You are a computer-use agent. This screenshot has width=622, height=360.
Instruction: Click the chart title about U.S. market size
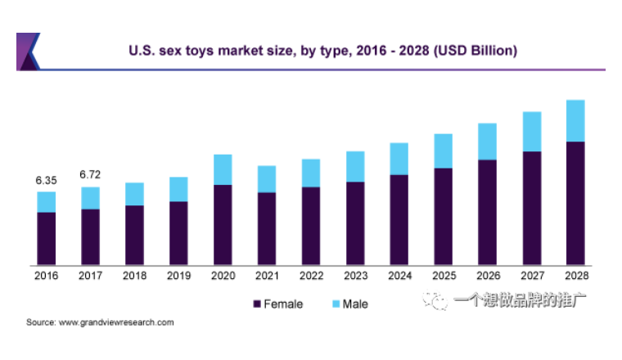(322, 51)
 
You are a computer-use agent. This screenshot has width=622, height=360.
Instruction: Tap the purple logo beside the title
(28, 52)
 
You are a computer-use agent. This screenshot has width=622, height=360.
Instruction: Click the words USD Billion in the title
(476, 51)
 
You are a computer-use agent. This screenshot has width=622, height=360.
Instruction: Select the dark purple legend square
(257, 304)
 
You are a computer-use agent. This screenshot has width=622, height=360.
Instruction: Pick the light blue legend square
(336, 304)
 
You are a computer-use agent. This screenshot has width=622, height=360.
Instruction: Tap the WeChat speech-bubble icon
(435, 299)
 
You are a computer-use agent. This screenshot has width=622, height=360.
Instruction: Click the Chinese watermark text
(519, 299)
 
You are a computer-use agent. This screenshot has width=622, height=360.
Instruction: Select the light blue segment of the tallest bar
(575, 120)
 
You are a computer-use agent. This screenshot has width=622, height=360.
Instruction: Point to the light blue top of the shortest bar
(47, 201)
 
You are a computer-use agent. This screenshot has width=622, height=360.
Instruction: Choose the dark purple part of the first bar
(47, 238)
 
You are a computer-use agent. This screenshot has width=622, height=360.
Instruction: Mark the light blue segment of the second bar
(91, 197)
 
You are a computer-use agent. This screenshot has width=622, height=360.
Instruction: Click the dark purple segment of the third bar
(135, 235)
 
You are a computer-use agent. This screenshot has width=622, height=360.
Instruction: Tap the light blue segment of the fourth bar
(179, 189)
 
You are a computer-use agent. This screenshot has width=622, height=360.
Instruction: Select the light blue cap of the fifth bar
(223, 169)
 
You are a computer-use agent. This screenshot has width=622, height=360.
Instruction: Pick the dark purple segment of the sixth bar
(267, 228)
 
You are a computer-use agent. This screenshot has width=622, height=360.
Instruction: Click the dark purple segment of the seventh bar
(311, 226)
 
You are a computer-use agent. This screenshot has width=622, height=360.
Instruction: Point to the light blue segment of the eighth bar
(356, 165)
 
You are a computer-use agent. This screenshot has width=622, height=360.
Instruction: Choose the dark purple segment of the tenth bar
(443, 216)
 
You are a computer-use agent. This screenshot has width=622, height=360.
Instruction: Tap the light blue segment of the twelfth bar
(532, 131)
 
